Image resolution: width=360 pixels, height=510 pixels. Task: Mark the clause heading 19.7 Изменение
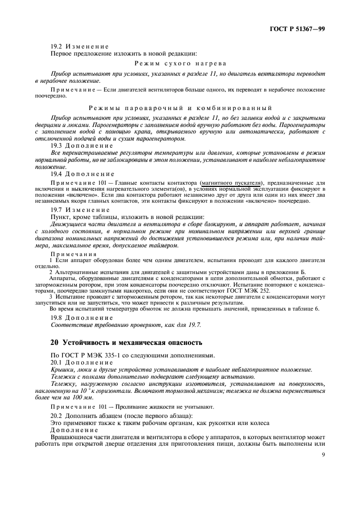pyautogui.click(x=80, y=209)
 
